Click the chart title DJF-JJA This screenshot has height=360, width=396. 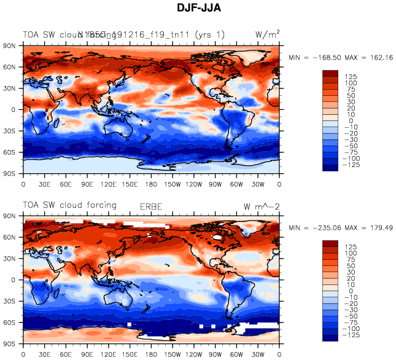pos(198,9)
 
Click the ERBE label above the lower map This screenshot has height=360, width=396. pos(153,206)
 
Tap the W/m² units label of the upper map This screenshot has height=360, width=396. pos(267,35)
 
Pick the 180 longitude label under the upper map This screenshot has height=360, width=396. pos(152,183)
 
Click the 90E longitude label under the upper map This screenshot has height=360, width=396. pos(87,183)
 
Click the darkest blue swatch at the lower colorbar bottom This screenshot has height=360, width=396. pos(332,336)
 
